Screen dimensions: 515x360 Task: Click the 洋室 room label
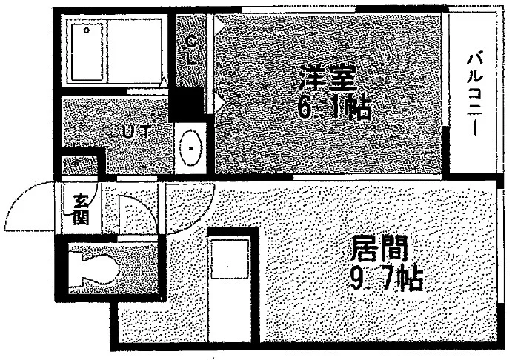click(328, 78)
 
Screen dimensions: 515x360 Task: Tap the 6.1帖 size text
click(334, 107)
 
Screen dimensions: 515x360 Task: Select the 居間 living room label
click(379, 249)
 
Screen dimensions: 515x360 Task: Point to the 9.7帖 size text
click(385, 279)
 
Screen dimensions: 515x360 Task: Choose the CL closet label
click(191, 50)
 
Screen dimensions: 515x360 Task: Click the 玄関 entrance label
click(81, 210)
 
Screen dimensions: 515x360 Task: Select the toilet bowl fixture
click(93, 270)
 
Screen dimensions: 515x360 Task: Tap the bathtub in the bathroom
click(87, 52)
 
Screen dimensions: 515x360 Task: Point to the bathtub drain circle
click(87, 30)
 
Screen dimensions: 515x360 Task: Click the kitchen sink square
click(230, 259)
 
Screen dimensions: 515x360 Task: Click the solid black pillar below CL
click(187, 104)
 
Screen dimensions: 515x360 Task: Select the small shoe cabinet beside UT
click(80, 165)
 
